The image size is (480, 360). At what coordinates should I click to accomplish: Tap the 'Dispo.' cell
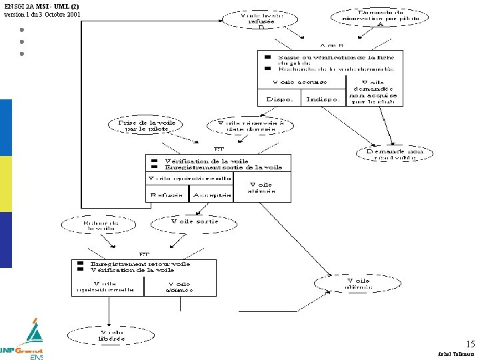pyautogui.click(x=279, y=98)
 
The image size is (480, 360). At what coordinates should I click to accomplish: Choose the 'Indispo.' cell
pyautogui.click(x=323, y=98)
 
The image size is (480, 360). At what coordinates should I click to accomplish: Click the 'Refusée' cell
pyautogui.click(x=167, y=194)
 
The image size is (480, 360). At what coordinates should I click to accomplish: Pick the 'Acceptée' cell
pyautogui.click(x=211, y=194)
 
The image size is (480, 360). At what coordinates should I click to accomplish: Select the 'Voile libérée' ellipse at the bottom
pyautogui.click(x=112, y=334)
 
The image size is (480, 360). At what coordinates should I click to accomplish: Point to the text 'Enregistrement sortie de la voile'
pyautogui.click(x=223, y=167)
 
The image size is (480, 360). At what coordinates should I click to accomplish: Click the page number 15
pyautogui.click(x=470, y=344)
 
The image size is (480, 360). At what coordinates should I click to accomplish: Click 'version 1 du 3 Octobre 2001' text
pyautogui.click(x=43, y=14)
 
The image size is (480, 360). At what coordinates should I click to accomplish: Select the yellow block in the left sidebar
pyautogui.click(x=6, y=184)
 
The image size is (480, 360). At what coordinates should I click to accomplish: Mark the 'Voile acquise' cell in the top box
pyautogui.click(x=299, y=82)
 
